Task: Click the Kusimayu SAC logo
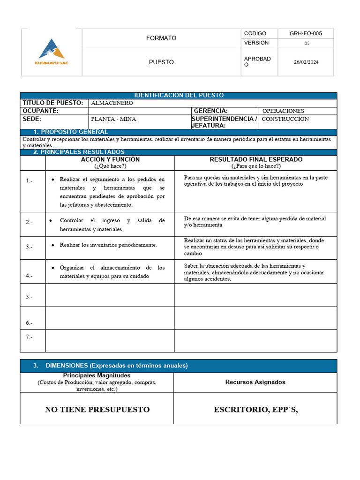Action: click(52, 52)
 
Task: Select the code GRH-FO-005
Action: click(306, 34)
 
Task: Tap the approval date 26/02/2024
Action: click(306, 62)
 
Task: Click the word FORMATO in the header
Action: click(161, 38)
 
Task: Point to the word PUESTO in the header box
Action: click(161, 62)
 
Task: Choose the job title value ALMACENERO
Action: click(112, 103)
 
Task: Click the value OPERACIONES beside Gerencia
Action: click(283, 111)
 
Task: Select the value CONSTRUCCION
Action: click(285, 119)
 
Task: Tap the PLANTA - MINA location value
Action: click(113, 119)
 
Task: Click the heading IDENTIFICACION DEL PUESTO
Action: click(179, 96)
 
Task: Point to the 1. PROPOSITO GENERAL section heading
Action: click(71, 132)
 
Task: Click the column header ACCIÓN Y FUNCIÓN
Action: click(110, 160)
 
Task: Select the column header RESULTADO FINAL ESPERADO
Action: click(256, 160)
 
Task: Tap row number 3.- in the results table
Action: click(29, 247)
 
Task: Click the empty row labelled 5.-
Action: click(29, 297)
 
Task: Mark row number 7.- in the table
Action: click(29, 337)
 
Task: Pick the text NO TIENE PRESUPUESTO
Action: click(97, 410)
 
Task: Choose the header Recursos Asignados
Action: click(255, 382)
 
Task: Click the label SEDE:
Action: click(32, 119)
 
